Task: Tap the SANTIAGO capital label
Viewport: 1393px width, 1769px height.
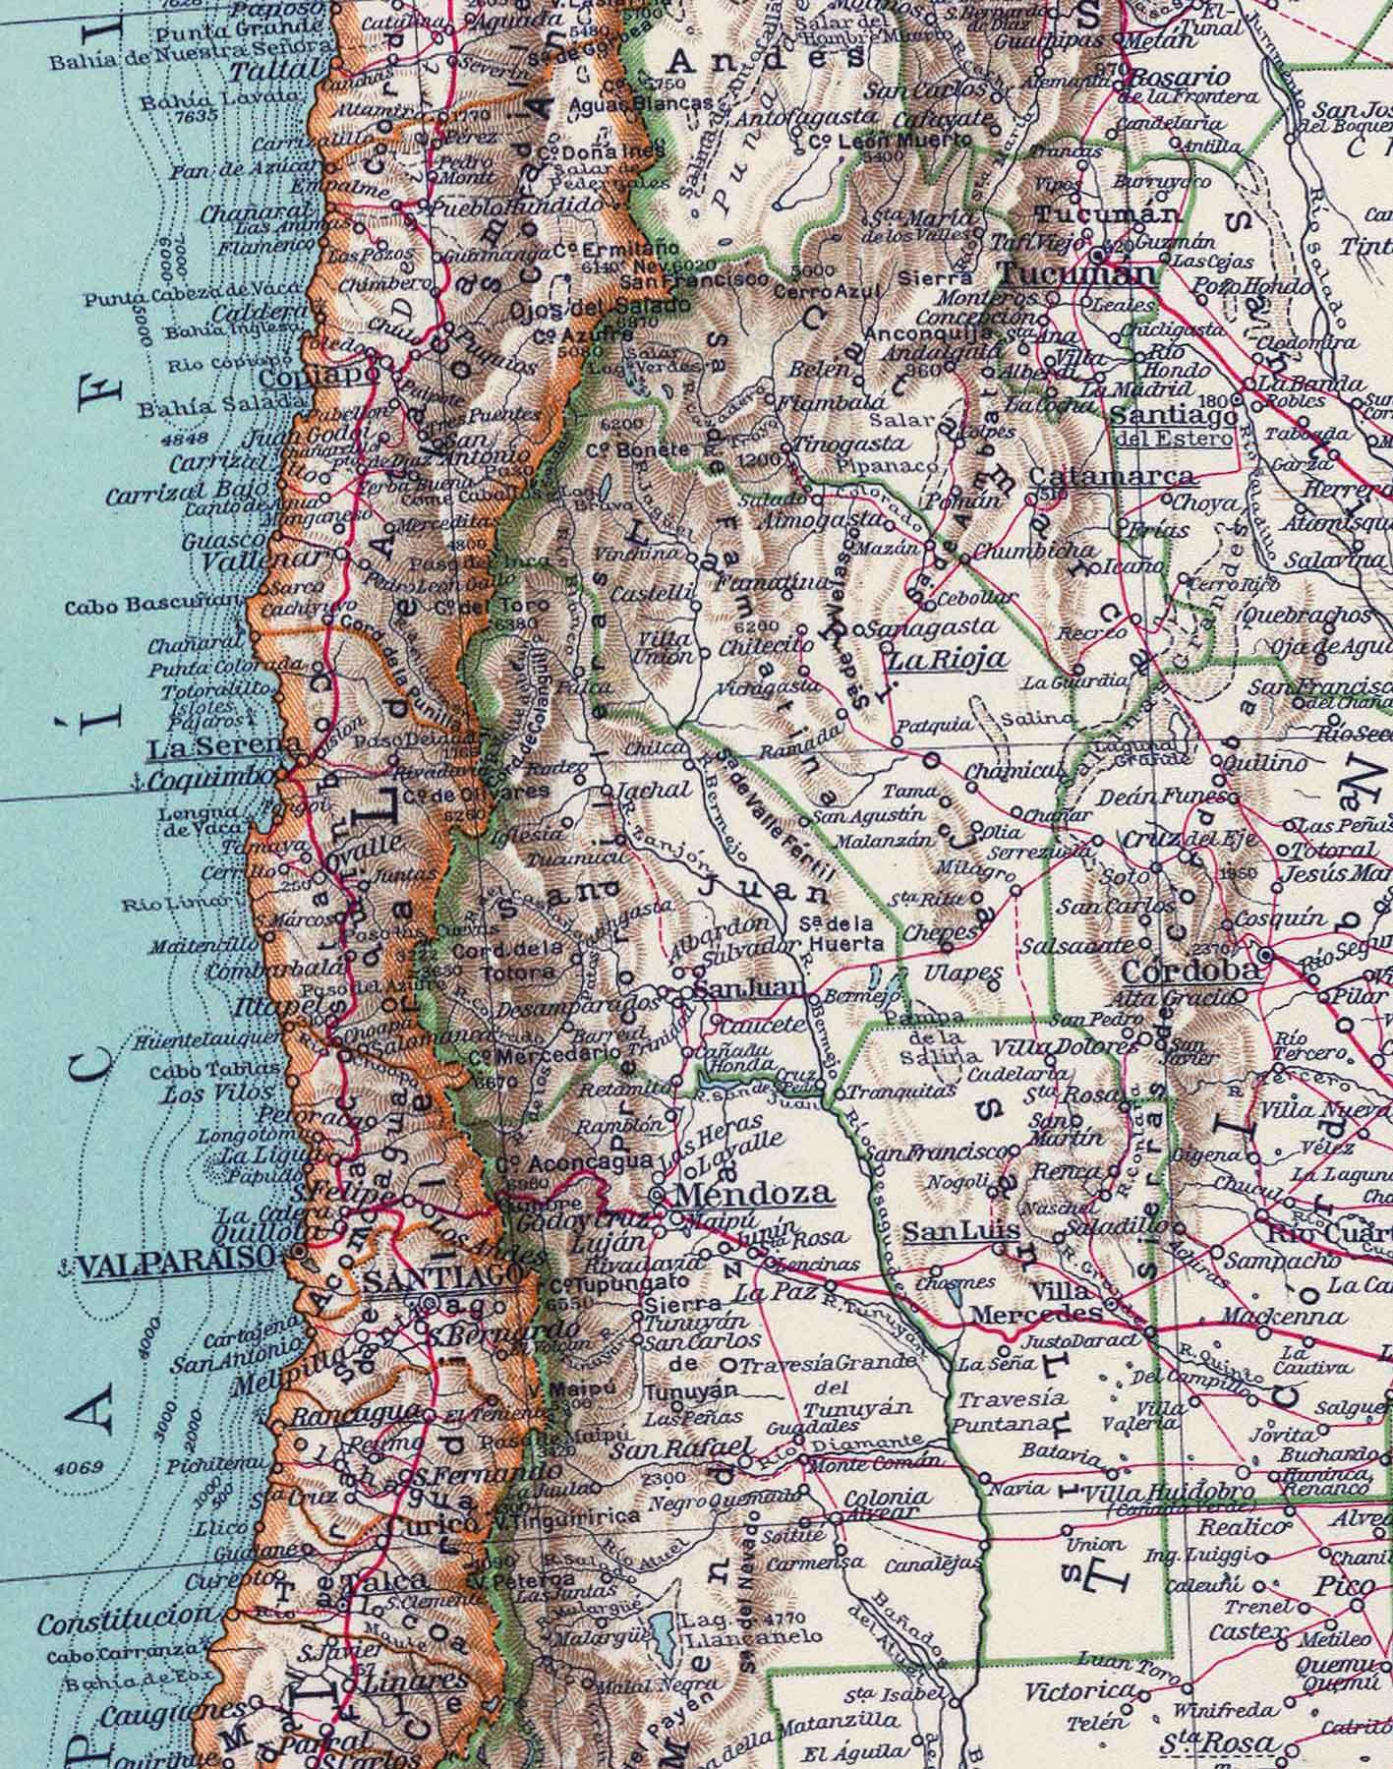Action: (x=440, y=1277)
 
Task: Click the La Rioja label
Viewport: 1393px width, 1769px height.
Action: (x=947, y=658)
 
